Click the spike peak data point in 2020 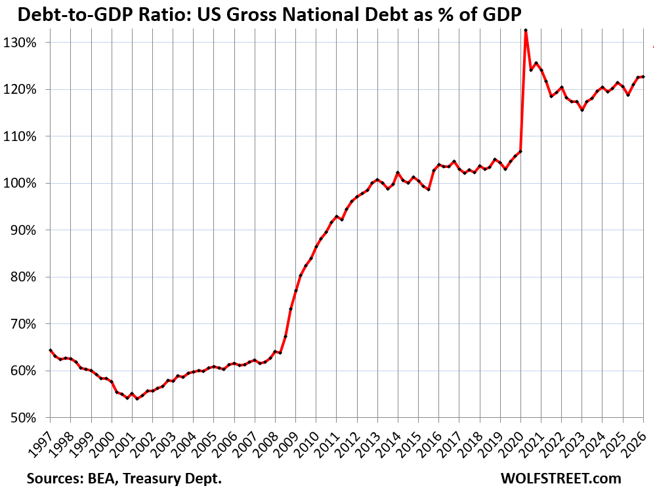click(x=526, y=30)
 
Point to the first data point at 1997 click(x=51, y=350)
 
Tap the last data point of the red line click(x=643, y=77)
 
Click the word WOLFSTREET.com click(x=569, y=478)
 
